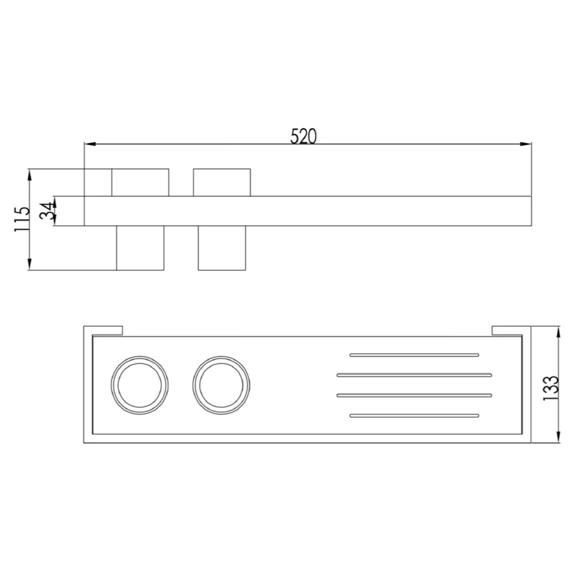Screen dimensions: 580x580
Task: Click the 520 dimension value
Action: tap(303, 136)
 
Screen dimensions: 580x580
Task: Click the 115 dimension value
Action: tap(22, 219)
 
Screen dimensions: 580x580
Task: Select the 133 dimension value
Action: tap(550, 388)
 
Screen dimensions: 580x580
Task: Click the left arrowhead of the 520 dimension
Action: tap(90, 144)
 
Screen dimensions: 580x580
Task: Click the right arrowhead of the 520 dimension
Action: tap(525, 144)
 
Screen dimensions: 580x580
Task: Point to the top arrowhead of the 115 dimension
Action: tap(30, 175)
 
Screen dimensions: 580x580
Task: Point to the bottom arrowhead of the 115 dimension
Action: tap(30, 264)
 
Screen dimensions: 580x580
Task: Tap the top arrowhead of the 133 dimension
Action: tap(558, 332)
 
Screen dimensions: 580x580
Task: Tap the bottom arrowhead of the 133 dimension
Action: tap(558, 437)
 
